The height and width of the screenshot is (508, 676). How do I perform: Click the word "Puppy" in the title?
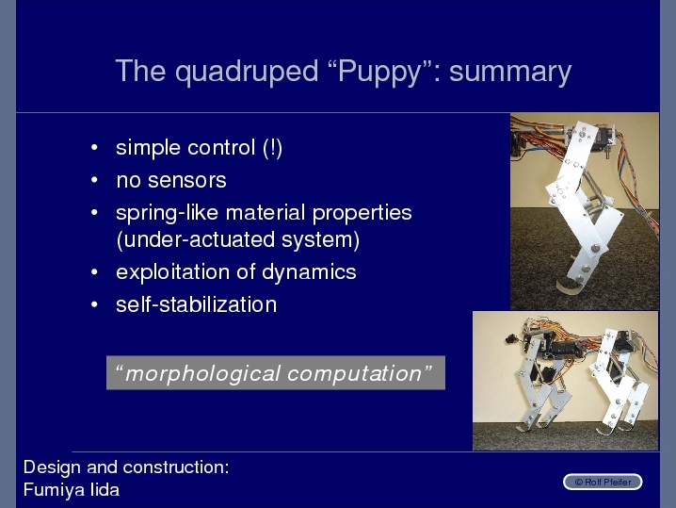coord(379,72)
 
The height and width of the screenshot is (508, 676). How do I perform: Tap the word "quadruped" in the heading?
coord(247,72)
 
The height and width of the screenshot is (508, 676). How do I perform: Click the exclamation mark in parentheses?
coord(272,148)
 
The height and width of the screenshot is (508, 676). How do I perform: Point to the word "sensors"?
coord(187,180)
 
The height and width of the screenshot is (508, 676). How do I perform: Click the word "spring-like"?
coord(168,213)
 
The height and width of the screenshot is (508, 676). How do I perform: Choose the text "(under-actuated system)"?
coord(238,240)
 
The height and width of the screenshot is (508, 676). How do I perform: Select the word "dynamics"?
coord(309,272)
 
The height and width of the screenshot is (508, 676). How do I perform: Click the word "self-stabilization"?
coord(196,304)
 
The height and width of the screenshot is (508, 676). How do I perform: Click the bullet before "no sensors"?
coord(94,180)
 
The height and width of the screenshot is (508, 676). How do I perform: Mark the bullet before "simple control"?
coord(94,148)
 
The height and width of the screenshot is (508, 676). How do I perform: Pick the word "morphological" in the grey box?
coord(202,374)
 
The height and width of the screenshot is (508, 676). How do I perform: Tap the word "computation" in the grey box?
coord(355,374)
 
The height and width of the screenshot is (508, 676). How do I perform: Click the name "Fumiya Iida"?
coord(72,490)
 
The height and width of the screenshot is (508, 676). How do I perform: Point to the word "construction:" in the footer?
coord(176,467)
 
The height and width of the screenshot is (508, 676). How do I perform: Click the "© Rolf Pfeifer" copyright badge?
coord(603,482)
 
